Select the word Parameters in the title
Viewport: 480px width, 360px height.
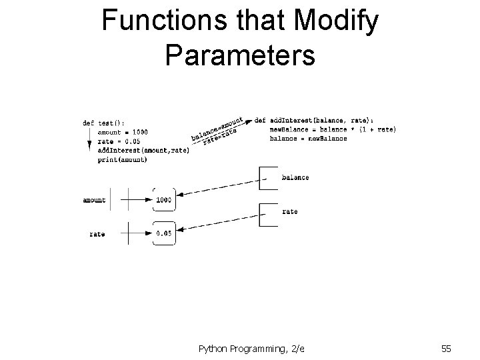240,56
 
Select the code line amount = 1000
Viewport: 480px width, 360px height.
120,132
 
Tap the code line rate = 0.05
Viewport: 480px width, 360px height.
119,141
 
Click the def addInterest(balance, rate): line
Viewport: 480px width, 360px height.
319,120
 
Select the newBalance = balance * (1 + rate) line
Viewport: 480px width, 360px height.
333,129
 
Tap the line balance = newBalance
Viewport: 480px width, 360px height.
308,138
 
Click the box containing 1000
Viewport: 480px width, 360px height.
163,199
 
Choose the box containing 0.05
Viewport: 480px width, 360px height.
163,233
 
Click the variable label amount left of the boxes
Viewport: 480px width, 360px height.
94,200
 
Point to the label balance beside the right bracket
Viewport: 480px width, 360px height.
295,178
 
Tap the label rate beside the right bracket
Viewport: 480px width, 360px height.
290,211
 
